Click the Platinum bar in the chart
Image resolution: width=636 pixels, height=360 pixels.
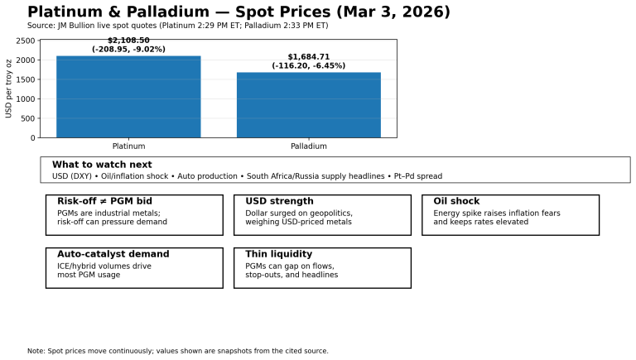click(x=128, y=97)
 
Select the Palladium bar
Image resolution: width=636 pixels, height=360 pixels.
click(x=309, y=105)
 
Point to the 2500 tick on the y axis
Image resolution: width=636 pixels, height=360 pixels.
click(x=26, y=41)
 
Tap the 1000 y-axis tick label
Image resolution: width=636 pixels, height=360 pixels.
click(x=26, y=98)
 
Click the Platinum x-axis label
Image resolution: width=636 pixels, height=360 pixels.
click(x=128, y=146)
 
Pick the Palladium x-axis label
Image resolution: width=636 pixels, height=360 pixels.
click(x=309, y=146)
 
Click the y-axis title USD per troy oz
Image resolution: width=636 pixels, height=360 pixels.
click(x=9, y=89)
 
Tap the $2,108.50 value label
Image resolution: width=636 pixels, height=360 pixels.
click(x=128, y=41)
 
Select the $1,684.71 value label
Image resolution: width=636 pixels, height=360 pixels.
click(x=309, y=57)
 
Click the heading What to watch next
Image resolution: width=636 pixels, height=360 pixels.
click(x=102, y=165)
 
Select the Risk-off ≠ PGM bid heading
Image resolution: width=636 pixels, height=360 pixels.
click(x=104, y=201)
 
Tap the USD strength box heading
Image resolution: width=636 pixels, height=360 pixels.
click(x=279, y=201)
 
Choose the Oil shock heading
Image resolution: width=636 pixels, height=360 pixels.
click(x=456, y=201)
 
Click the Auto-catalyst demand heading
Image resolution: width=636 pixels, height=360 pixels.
click(x=113, y=254)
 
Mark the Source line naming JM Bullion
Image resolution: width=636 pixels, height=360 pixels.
click(x=177, y=26)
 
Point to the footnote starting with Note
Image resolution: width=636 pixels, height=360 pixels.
click(x=177, y=351)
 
